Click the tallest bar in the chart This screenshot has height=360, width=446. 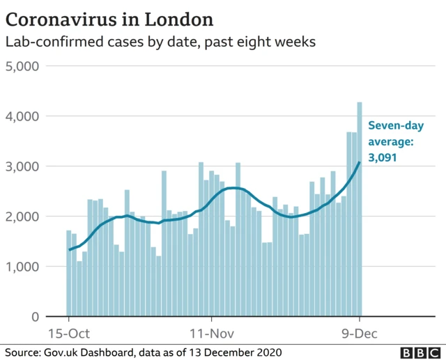pos(360,209)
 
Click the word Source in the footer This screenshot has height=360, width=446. pos(22,352)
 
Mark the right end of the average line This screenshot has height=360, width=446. pos(360,162)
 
